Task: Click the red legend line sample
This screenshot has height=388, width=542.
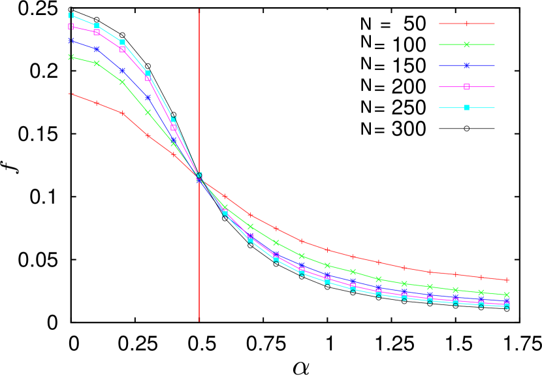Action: (466, 24)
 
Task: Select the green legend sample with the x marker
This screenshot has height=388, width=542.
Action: (466, 44)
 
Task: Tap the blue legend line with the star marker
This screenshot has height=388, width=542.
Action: (466, 65)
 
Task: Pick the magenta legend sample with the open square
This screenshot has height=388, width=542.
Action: (466, 86)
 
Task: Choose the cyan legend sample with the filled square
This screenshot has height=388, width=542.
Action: (466, 107)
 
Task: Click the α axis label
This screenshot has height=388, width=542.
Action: (301, 368)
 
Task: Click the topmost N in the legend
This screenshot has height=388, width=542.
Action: (366, 24)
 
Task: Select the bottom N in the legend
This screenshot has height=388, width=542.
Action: (366, 129)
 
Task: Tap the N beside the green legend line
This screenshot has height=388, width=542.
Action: (366, 42)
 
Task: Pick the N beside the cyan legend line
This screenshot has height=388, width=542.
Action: (366, 107)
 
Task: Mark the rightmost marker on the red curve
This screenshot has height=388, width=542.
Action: (507, 280)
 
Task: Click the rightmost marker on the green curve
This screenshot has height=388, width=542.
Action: (507, 295)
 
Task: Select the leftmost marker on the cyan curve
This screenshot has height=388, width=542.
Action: (71, 15)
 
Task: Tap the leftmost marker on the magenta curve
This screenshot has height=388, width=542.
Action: (71, 27)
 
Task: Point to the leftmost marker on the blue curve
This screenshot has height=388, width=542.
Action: (71, 40)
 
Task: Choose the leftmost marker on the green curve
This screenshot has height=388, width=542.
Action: (71, 57)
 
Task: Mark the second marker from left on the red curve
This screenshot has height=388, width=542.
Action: (97, 103)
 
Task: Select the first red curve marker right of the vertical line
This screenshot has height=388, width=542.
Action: (225, 196)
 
